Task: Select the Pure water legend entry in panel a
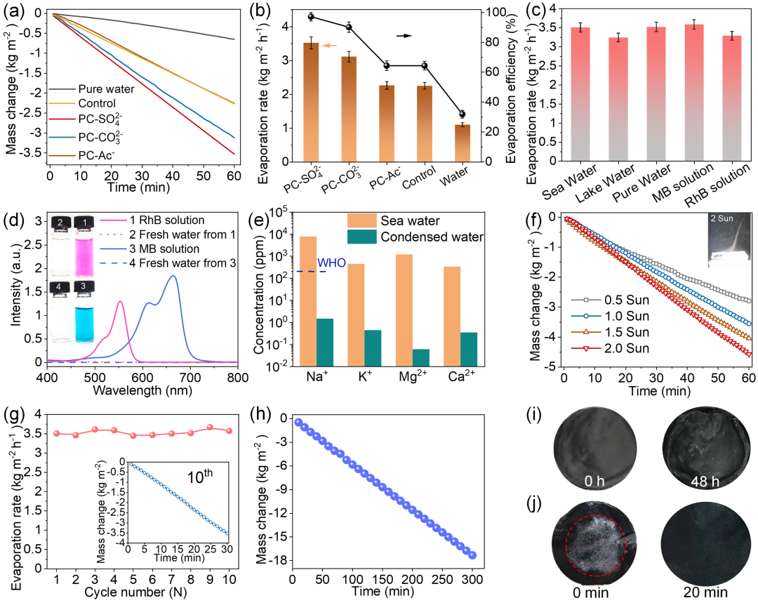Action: point(105,89)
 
